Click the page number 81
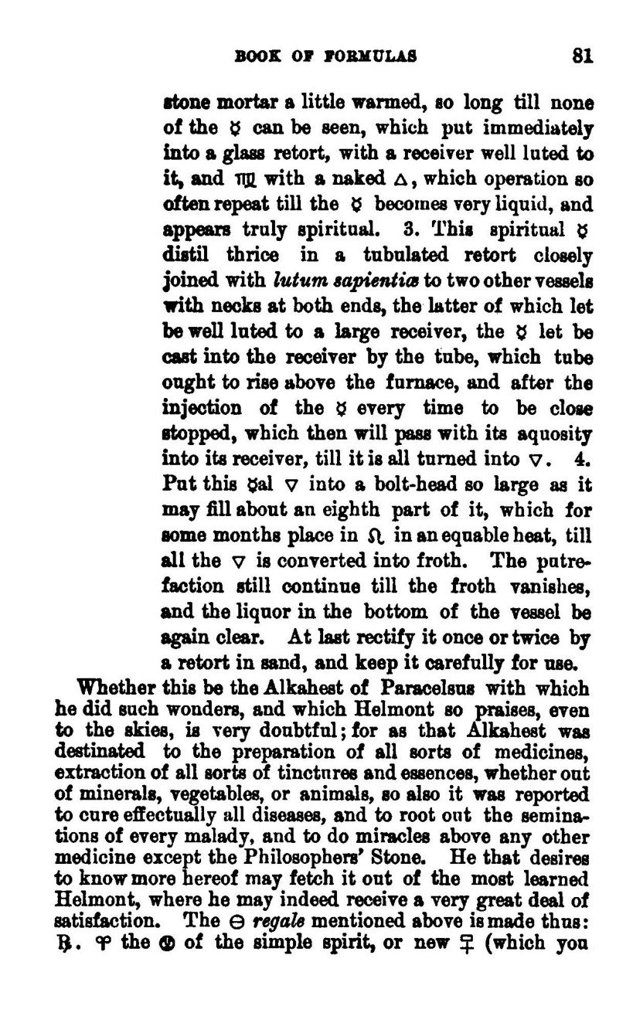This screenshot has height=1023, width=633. tap(581, 56)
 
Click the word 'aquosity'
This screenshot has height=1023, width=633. tap(556, 434)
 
